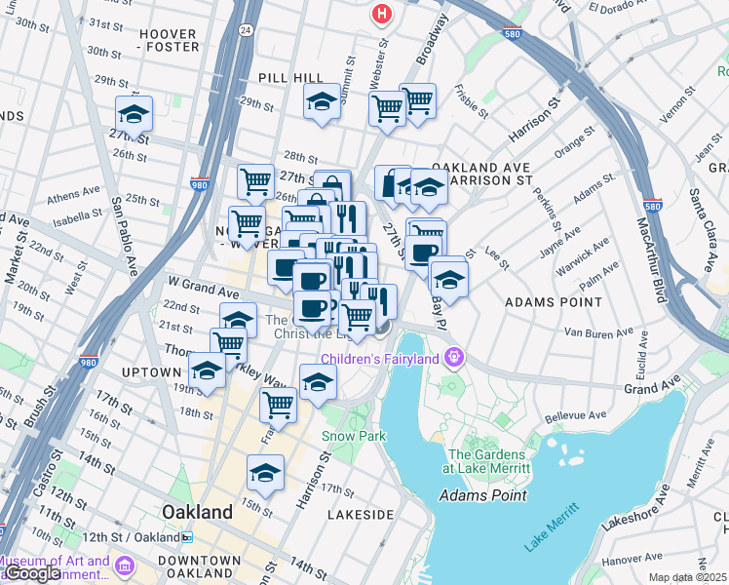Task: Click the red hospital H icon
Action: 382,15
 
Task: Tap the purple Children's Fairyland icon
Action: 452,359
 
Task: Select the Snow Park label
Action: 348,436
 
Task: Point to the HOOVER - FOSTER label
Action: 169,40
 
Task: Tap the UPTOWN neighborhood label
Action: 151,372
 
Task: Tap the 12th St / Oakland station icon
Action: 186,537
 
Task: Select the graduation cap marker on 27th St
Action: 134,112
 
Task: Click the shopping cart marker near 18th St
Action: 279,404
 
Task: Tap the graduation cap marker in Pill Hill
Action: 322,100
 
